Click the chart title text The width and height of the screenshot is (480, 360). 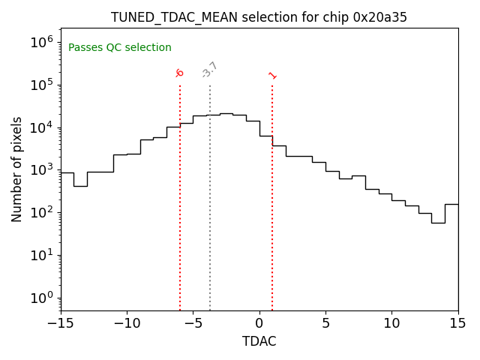click(x=259, y=17)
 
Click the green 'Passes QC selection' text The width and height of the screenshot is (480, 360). click(x=120, y=48)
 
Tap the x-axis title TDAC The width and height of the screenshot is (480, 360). click(x=259, y=341)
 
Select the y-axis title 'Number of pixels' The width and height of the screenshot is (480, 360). click(x=17, y=169)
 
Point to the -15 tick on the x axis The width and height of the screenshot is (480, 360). click(x=61, y=323)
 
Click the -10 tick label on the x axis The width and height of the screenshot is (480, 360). click(x=127, y=323)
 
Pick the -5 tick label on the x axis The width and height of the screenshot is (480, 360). click(x=193, y=323)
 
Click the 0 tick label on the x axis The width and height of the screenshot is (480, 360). click(x=259, y=323)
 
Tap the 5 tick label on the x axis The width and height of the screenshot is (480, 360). click(x=325, y=323)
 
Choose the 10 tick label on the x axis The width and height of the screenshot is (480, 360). click(x=391, y=323)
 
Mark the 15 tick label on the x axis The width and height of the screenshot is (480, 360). click(x=457, y=323)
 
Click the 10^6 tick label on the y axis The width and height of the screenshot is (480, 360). click(x=42, y=42)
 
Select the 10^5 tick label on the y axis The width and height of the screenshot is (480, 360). click(x=42, y=85)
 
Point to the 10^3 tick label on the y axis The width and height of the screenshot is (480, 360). click(x=42, y=169)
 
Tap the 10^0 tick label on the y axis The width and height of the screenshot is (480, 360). click(x=42, y=298)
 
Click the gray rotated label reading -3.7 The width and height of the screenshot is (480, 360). click(x=210, y=70)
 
